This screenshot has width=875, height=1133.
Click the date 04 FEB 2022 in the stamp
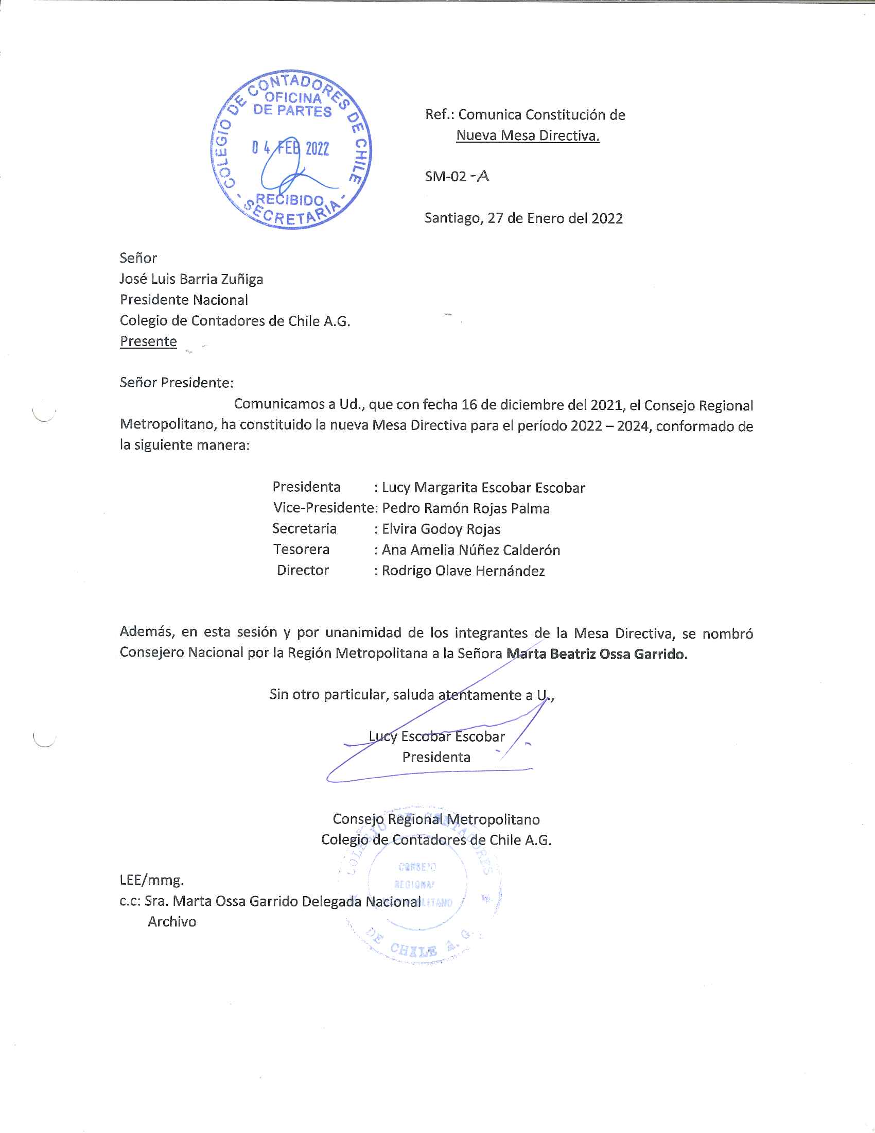pyautogui.click(x=290, y=148)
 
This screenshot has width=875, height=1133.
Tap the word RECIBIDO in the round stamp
pyautogui.click(x=290, y=200)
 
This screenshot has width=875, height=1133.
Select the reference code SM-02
pyautogui.click(x=446, y=176)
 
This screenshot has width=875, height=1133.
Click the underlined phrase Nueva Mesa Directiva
pyautogui.click(x=528, y=135)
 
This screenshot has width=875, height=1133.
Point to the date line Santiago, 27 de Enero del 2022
pyautogui.click(x=523, y=218)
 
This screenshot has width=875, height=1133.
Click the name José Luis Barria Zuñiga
pyautogui.click(x=191, y=279)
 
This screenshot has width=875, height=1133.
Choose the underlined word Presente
pyautogui.click(x=148, y=341)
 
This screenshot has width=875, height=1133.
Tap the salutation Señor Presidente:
pyautogui.click(x=176, y=383)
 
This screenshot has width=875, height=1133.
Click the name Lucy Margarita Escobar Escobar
pyautogui.click(x=483, y=488)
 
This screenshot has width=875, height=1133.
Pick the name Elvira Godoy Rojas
pyautogui.click(x=441, y=529)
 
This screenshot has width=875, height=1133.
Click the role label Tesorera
pyautogui.click(x=301, y=550)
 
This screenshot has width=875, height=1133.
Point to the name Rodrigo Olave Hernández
pyautogui.click(x=463, y=571)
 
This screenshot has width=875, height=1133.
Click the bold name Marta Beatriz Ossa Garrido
pyautogui.click(x=597, y=654)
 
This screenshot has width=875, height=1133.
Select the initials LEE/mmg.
pyautogui.click(x=151, y=880)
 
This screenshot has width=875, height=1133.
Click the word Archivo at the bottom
pyautogui.click(x=172, y=922)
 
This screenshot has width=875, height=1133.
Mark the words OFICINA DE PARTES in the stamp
pyautogui.click(x=292, y=104)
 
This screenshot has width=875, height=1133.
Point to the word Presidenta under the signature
pyautogui.click(x=436, y=757)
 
